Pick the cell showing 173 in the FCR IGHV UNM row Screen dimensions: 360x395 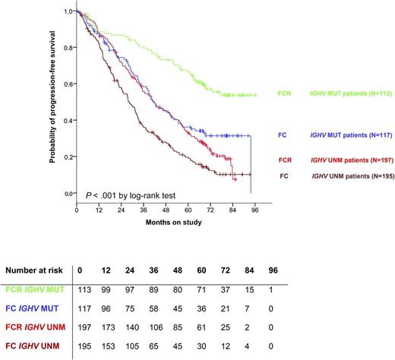pyautogui.click(x=110, y=330)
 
